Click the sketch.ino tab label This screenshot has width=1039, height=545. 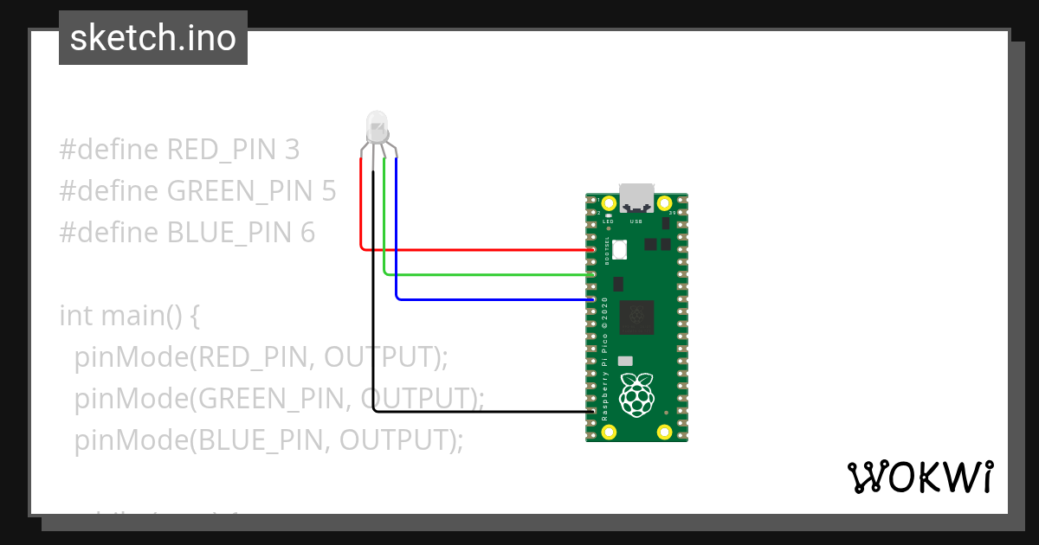(x=152, y=38)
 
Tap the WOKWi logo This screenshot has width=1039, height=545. (x=920, y=477)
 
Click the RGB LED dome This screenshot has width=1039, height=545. (x=377, y=126)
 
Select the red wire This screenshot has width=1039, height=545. (x=476, y=250)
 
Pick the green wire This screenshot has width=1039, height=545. (x=485, y=275)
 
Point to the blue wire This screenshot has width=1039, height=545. (x=494, y=299)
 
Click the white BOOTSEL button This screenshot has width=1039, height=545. (x=619, y=249)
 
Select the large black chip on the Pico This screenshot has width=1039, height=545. (x=637, y=317)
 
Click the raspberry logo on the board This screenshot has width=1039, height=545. (x=638, y=394)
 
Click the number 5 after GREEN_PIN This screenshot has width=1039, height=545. (x=328, y=191)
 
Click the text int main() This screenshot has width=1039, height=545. (x=130, y=316)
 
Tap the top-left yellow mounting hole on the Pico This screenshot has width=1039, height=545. (x=609, y=203)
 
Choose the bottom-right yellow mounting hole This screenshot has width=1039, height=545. (x=665, y=431)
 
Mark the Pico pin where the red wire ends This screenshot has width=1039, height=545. (x=591, y=250)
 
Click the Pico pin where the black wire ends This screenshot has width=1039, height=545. (x=591, y=412)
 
